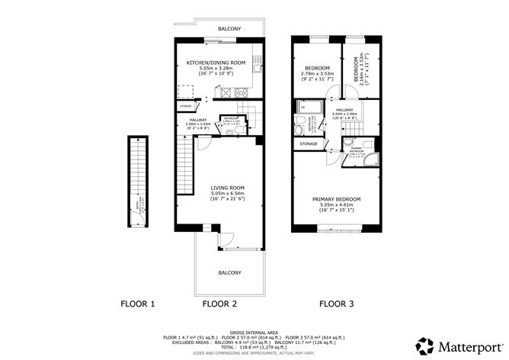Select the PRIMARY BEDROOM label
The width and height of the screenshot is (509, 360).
(336, 199)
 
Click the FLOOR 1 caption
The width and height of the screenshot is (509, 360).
(138, 304)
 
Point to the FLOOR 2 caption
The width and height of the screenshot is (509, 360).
(219, 304)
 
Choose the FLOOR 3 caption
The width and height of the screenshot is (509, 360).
(336, 304)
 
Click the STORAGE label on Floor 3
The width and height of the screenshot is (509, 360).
(308, 143)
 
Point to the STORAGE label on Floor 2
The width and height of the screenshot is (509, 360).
(186, 106)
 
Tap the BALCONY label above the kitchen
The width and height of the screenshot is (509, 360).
(229, 28)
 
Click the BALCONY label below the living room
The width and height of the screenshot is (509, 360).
(229, 272)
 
